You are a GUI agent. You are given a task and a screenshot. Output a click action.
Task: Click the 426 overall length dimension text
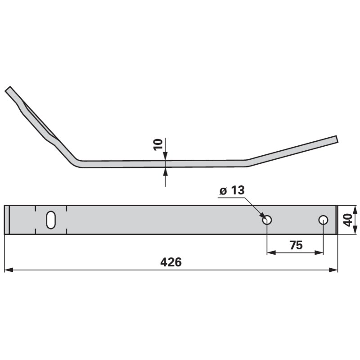pos(171,262)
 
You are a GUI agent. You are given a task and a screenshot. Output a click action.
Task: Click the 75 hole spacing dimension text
pos(295,245)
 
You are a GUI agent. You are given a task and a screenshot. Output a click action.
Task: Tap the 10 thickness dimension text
pos(158,144)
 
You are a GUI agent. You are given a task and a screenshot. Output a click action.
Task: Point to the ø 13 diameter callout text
pos(232,190)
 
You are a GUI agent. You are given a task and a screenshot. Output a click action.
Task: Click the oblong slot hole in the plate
pos(50,220)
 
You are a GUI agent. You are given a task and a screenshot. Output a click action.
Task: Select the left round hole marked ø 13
pos(267,220)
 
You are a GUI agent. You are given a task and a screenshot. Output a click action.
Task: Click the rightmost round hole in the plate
pos(323,220)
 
